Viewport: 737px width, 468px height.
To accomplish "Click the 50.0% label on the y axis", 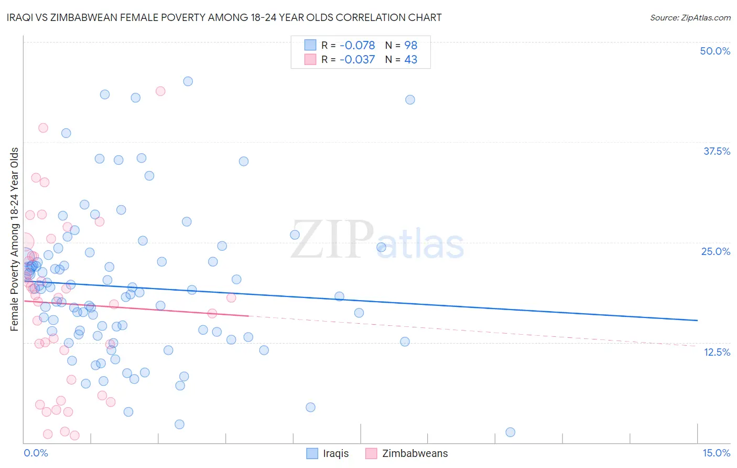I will [715, 51].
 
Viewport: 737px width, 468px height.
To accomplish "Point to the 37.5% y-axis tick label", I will [717, 151].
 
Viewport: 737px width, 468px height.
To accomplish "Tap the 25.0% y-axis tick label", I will [716, 251].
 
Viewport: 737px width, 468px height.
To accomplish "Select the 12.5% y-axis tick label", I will [717, 352].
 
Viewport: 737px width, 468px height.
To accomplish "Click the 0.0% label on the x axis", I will [36, 453].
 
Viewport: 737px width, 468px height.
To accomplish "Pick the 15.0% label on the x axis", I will [716, 453].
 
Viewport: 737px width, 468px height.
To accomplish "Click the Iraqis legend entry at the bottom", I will [335, 453].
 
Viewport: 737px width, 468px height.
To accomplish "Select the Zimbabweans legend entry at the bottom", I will [415, 453].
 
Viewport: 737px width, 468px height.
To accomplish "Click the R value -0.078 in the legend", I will [357, 46].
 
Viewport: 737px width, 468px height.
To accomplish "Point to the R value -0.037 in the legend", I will [357, 60].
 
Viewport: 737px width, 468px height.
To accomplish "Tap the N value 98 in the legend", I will [410, 46].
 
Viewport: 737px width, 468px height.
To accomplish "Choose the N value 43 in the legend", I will [410, 60].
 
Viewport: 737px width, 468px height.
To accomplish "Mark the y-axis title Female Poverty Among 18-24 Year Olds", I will [15, 239].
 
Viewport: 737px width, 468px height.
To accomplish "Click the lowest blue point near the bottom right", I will [510, 432].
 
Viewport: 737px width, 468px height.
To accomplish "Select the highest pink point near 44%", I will [160, 91].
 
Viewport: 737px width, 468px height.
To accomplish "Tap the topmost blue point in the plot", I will [188, 81].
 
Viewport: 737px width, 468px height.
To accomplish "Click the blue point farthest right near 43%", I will [410, 100].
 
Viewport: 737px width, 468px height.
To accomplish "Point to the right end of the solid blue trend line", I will [697, 320].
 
